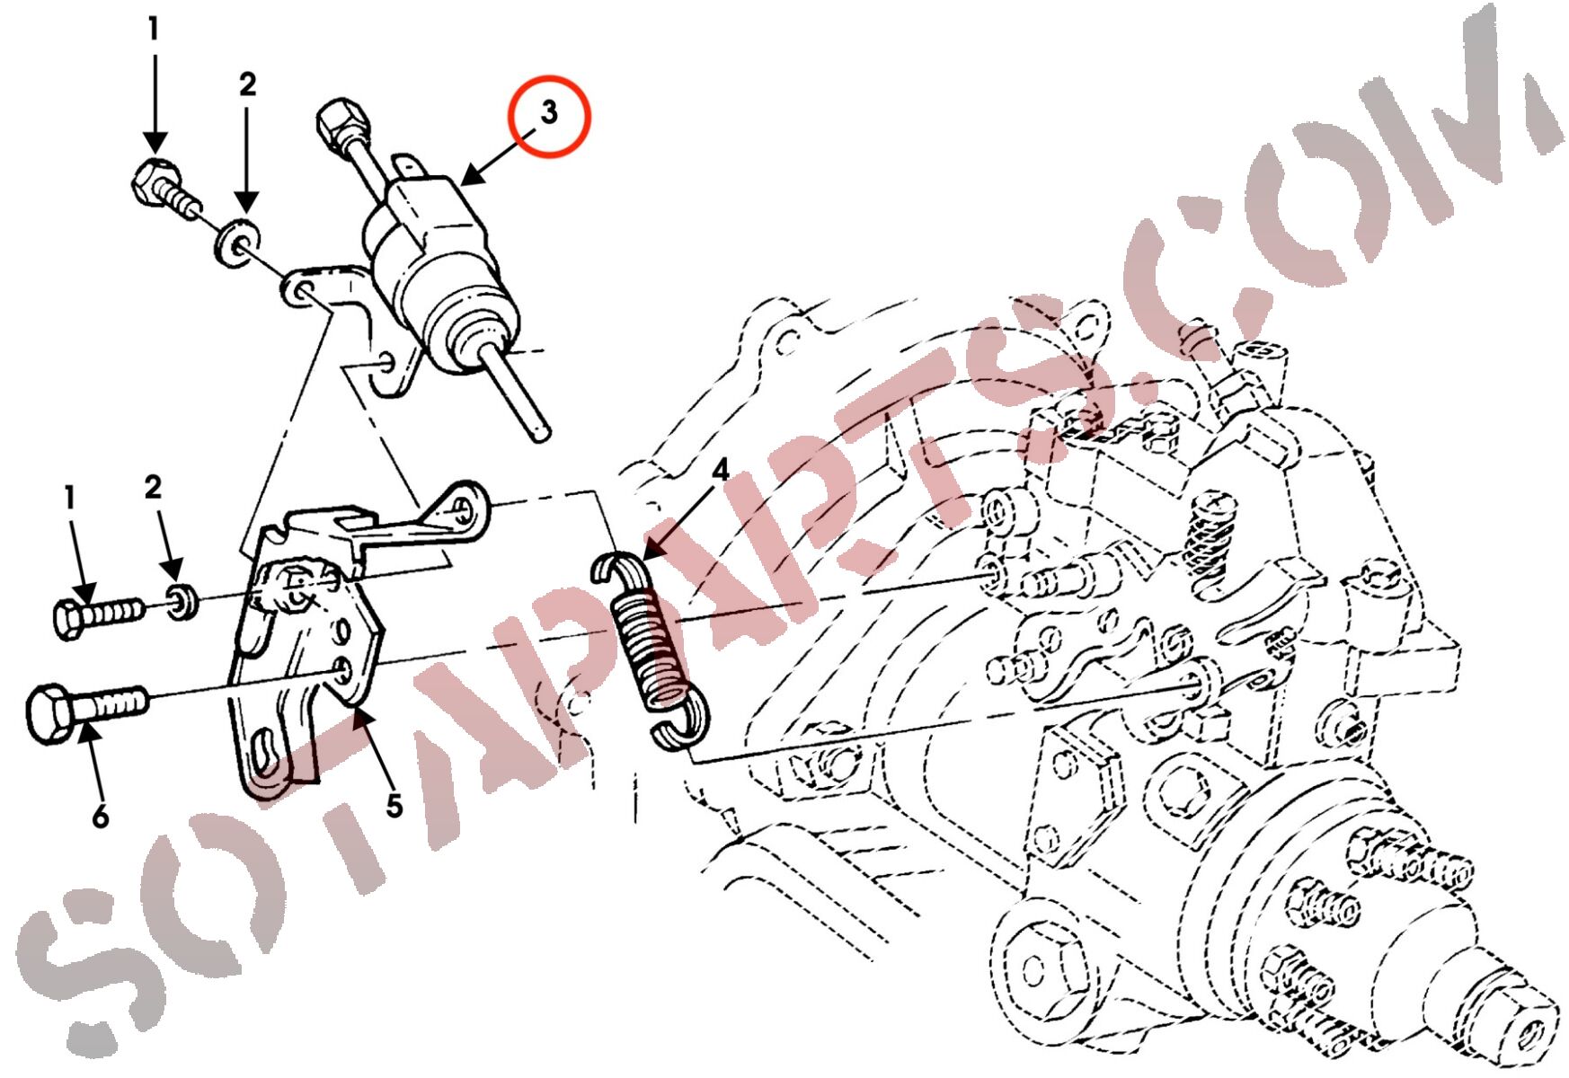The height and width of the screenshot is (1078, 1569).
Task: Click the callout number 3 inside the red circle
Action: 549,113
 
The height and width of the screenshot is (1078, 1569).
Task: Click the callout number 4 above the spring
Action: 720,471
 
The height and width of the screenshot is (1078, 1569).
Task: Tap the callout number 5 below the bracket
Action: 394,806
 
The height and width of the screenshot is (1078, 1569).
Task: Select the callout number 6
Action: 101,816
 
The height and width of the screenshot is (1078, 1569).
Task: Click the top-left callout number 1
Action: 154,29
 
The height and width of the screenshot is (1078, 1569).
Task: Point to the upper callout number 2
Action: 247,84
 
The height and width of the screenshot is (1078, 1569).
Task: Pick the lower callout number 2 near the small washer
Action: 154,487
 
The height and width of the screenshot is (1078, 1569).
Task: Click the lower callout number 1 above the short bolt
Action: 69,497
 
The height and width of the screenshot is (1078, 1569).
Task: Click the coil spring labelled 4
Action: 652,651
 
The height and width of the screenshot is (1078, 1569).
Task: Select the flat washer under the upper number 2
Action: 236,241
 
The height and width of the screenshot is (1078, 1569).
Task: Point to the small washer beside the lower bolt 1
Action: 183,601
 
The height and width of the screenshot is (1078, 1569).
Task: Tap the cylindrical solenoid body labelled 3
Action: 435,261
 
